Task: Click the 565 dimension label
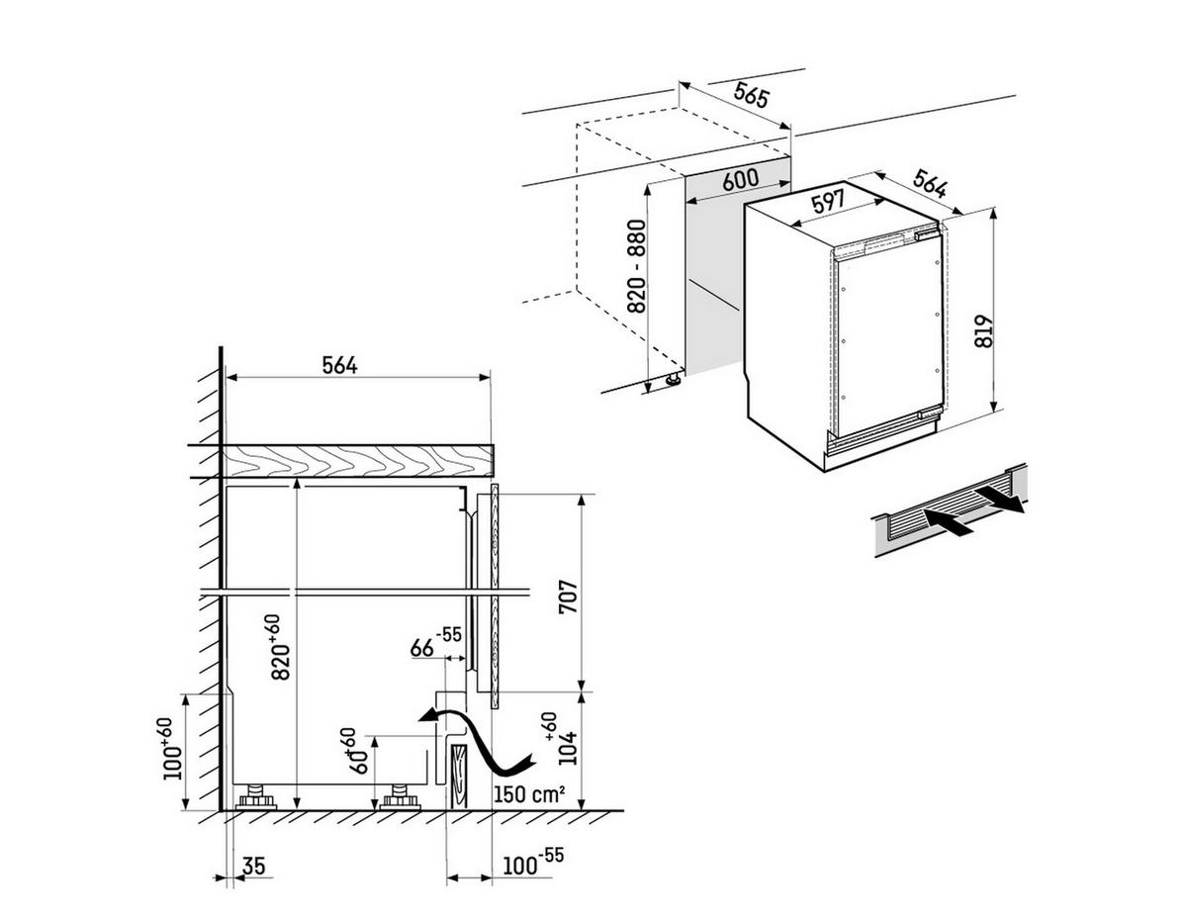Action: (x=753, y=96)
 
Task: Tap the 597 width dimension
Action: (x=828, y=201)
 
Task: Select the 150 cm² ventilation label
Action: (x=530, y=793)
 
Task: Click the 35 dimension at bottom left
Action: (x=253, y=867)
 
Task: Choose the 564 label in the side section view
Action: (x=339, y=365)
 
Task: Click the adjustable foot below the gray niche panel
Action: (x=674, y=379)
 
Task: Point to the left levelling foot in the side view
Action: (x=256, y=796)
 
